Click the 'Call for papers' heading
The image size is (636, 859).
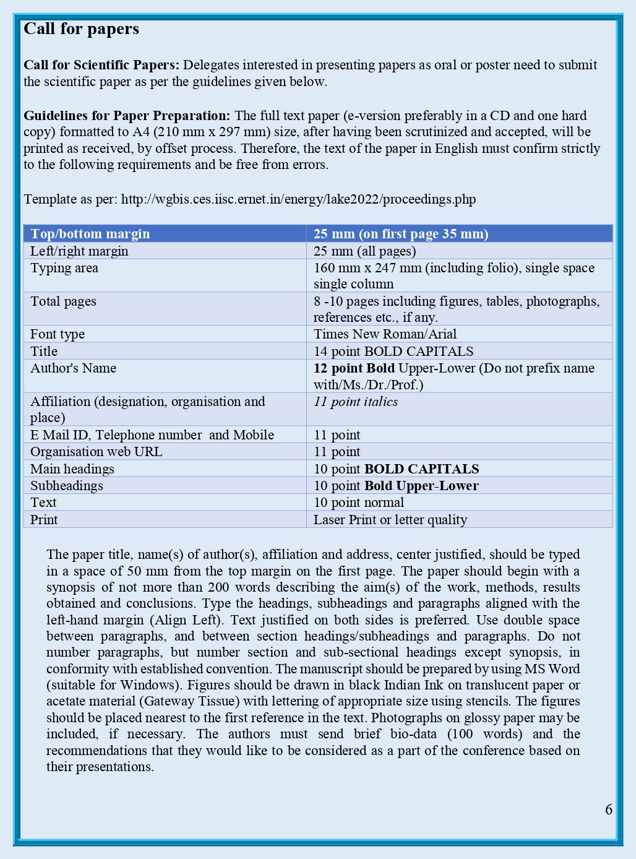click(81, 29)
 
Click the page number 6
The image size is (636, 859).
click(609, 809)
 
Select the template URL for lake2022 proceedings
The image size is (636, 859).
click(298, 199)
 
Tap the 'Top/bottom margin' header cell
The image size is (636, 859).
click(90, 234)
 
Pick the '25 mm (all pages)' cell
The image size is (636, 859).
click(364, 251)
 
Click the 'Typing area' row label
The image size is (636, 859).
click(64, 268)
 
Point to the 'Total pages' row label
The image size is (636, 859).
click(63, 301)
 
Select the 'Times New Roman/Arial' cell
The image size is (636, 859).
click(385, 334)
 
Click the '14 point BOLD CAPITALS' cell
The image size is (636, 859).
click(393, 352)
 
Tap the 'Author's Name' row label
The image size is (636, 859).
click(73, 368)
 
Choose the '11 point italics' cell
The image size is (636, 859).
click(356, 402)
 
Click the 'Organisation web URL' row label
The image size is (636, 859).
click(97, 452)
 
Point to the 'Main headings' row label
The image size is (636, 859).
click(72, 469)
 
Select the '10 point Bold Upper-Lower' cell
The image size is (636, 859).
click(396, 486)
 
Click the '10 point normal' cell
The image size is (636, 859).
click(359, 503)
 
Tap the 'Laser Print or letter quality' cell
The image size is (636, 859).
click(390, 520)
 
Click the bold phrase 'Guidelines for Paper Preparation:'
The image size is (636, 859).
click(127, 116)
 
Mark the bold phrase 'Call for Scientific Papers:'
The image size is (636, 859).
click(101, 65)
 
